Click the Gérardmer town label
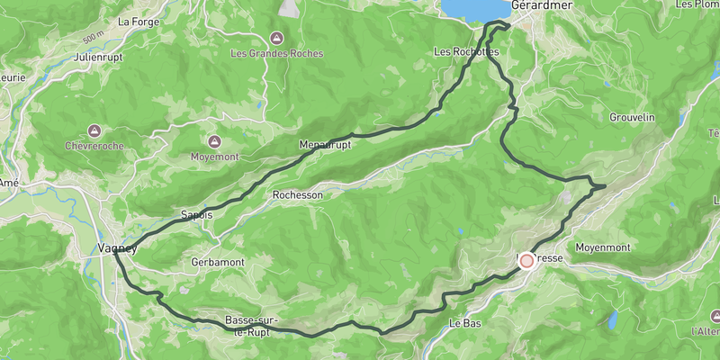tap(542, 4)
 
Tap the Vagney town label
tap(117, 248)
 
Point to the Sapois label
tap(197, 215)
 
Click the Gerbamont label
tap(218, 262)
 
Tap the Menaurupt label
tap(324, 144)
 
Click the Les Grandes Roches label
tap(276, 53)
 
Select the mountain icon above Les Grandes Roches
tap(276, 39)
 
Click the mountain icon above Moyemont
tap(214, 141)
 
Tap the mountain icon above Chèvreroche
tap(95, 130)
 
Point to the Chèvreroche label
tap(95, 145)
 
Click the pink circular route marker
tap(526, 259)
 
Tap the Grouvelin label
tap(632, 118)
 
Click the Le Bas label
tap(467, 323)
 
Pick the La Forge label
tap(138, 21)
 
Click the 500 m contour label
tap(92, 41)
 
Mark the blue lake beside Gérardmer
tap(471, 9)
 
